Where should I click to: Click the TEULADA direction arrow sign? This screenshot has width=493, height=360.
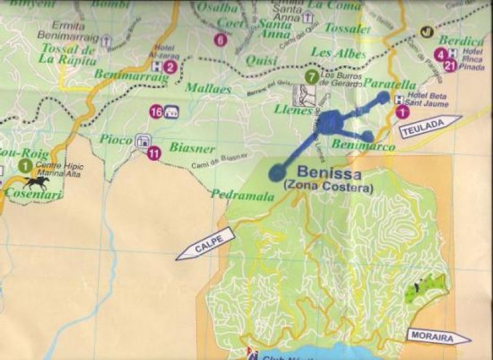point(430,126)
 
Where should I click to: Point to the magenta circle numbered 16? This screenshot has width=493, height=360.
point(156,112)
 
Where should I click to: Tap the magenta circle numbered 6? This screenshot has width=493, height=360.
point(220,40)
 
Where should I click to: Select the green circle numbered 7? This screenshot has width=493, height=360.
point(312,78)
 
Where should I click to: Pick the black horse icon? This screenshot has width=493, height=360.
point(36,182)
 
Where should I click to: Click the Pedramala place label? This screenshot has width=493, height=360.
point(234,194)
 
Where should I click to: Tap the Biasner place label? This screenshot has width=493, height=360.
point(192,149)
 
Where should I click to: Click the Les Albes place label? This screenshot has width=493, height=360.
point(338,53)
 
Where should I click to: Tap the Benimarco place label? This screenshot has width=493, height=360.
point(354,145)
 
